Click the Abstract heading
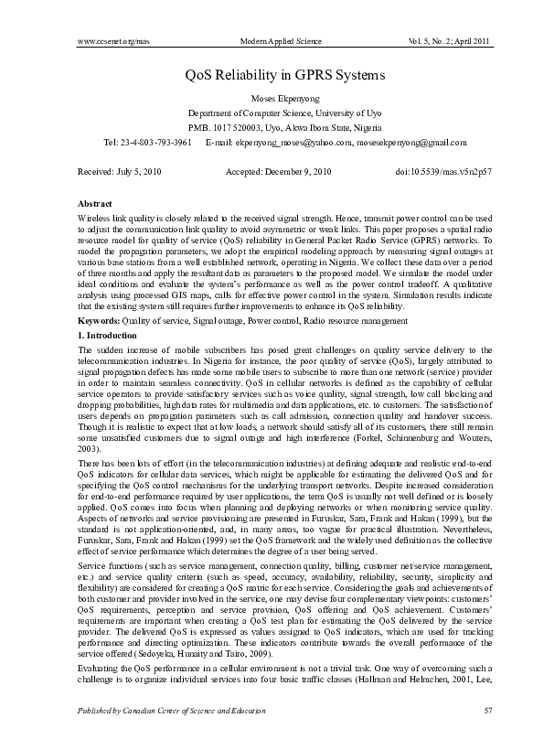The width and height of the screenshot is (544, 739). click(95, 203)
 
